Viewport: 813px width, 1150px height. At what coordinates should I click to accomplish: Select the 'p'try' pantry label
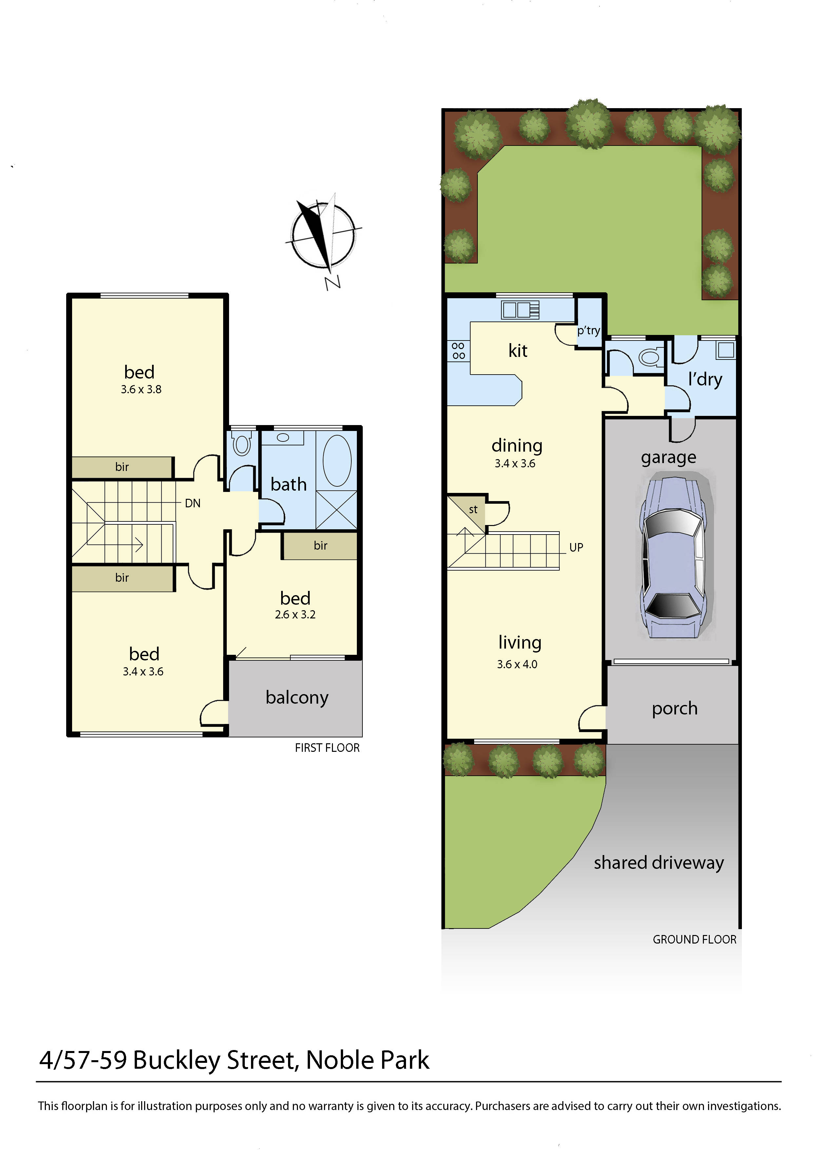(x=588, y=331)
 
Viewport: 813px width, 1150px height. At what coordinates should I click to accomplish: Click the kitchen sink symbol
(x=520, y=309)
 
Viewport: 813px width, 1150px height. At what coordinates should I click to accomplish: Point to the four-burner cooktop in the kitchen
(x=458, y=351)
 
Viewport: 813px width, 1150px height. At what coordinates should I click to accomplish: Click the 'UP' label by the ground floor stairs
(x=576, y=547)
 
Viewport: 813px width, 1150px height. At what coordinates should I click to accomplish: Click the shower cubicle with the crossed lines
(x=337, y=510)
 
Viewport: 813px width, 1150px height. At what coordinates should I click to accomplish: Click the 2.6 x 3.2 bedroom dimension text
(x=295, y=614)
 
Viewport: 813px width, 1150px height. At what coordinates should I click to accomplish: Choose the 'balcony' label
(x=297, y=697)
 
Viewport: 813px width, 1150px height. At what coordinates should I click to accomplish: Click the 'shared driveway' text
(x=659, y=863)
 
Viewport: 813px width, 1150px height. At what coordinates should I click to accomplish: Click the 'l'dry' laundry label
(x=705, y=379)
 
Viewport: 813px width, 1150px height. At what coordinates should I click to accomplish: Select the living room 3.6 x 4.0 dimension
(x=517, y=664)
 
